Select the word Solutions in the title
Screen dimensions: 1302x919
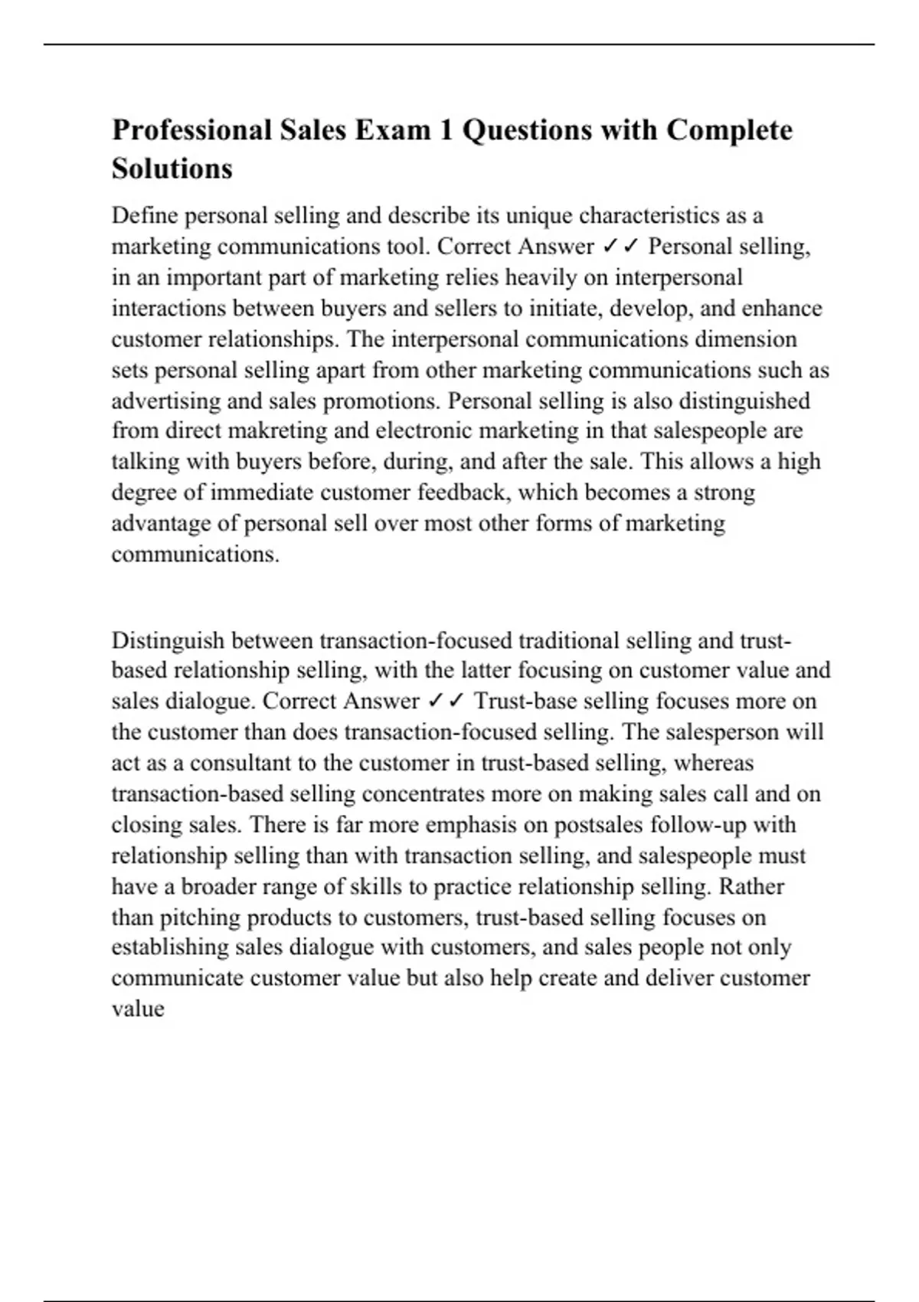[x=172, y=168]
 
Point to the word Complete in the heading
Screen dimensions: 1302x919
[x=729, y=130]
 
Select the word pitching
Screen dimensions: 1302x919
[x=201, y=917]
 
